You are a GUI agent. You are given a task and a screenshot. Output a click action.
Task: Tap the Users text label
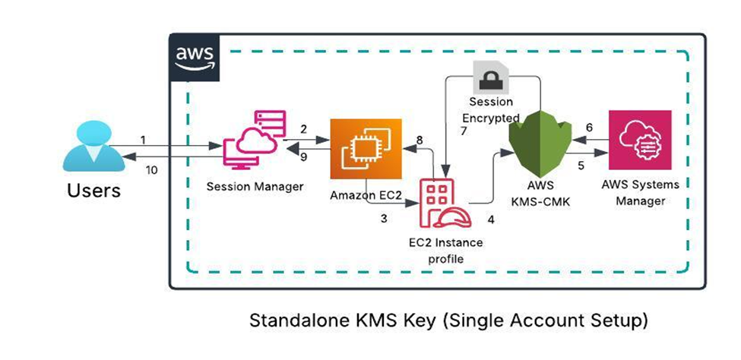pos(93,191)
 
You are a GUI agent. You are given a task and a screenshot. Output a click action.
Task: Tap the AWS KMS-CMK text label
pos(540,194)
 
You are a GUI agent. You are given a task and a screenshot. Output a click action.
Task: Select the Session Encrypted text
pos(490,109)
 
